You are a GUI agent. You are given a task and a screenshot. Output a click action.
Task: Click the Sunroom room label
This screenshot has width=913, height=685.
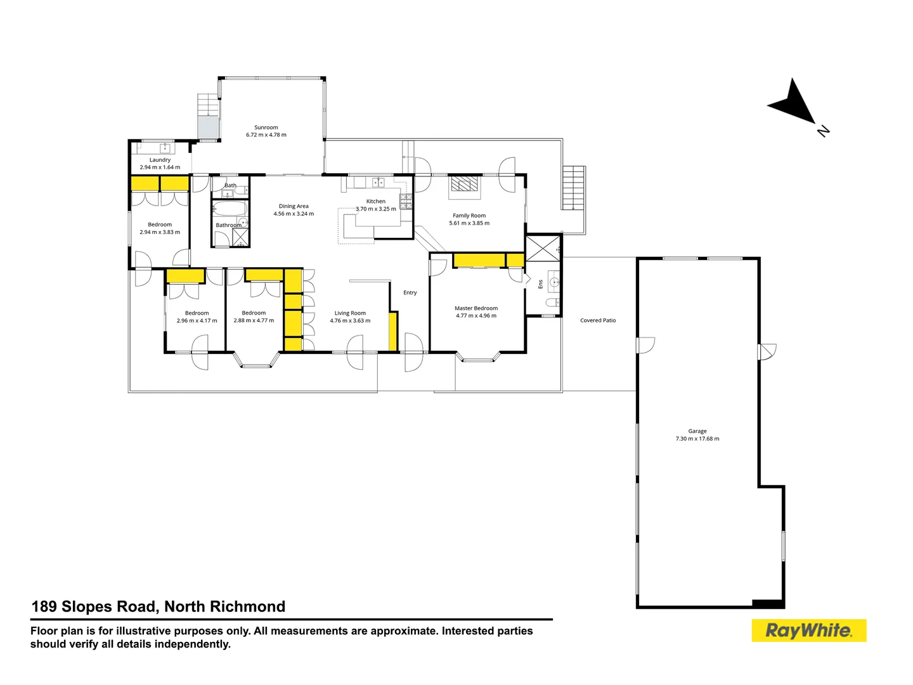[x=266, y=127]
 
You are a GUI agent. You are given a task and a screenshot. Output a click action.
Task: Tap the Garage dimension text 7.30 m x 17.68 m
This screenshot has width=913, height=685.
[x=697, y=439]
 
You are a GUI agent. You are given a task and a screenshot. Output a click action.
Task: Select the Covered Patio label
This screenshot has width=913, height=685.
[x=598, y=320]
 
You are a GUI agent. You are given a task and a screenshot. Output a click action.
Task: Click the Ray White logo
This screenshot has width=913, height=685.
[x=808, y=630]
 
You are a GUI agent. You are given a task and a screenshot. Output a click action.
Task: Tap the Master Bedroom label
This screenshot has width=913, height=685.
[x=476, y=308]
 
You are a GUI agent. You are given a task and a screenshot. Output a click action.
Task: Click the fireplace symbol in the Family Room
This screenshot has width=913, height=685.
[x=465, y=184]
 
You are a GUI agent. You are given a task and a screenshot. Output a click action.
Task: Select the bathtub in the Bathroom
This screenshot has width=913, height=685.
[x=229, y=209]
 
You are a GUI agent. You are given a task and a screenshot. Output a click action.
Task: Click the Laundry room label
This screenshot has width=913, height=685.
[x=160, y=160]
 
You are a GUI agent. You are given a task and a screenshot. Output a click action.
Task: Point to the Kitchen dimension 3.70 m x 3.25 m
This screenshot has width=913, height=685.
[x=375, y=209]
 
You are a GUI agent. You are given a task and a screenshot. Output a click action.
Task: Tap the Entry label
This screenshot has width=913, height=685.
[x=410, y=292]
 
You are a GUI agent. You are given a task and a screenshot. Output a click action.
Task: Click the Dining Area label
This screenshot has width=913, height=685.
[x=294, y=206]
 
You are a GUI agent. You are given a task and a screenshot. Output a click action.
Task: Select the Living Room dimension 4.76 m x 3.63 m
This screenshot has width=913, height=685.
[x=350, y=321]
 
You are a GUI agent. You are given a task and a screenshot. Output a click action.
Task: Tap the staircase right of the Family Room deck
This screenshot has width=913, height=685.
[x=573, y=188]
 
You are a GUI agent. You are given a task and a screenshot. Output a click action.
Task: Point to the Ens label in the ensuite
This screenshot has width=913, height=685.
[x=540, y=284]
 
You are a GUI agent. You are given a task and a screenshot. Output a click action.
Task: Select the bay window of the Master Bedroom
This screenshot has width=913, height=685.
[x=477, y=358]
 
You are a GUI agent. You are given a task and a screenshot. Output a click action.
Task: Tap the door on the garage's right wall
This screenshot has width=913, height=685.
[x=767, y=351]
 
